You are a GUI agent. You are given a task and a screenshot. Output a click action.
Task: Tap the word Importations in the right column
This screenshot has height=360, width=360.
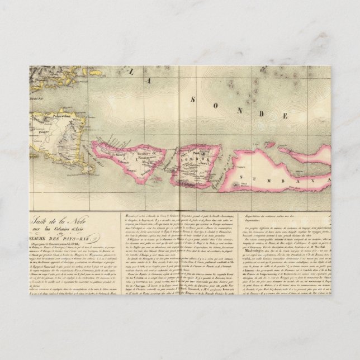258,221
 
